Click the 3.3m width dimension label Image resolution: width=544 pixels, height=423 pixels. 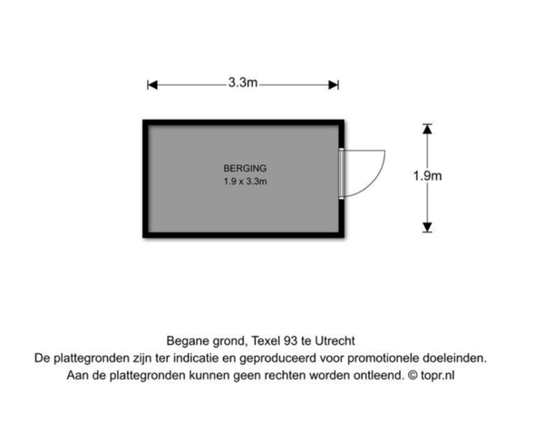click(243, 83)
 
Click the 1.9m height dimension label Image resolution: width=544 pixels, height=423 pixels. click(427, 176)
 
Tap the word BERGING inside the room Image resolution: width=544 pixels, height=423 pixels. click(245, 169)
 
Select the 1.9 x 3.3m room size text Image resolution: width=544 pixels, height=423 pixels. click(245, 182)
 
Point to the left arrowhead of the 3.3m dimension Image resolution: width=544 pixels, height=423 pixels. click(152, 84)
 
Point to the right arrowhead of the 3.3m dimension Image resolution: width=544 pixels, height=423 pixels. click(334, 84)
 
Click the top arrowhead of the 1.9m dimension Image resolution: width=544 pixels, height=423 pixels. click(427, 129)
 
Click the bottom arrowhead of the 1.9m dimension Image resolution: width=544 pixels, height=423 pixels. click(427, 227)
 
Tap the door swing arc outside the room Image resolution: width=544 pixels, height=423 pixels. click(375, 181)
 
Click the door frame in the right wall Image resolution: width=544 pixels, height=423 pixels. click(342, 173)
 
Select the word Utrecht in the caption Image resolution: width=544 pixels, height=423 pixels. click(335, 341)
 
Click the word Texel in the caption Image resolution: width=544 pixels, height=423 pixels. click(266, 341)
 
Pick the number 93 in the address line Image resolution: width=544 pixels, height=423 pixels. click(290, 341)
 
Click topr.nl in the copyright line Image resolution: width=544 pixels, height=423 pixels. click(437, 376)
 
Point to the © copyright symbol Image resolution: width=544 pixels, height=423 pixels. click(413, 376)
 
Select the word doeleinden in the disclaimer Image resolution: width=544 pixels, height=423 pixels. click(454, 359)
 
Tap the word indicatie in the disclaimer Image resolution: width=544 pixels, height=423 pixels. click(196, 358)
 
